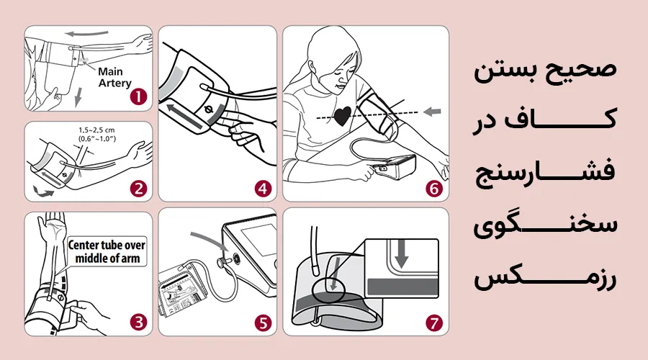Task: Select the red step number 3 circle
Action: coord(138,322)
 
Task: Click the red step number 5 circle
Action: coord(263,322)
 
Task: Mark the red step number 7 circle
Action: coord(433,322)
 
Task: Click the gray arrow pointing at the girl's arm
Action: coord(431,111)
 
